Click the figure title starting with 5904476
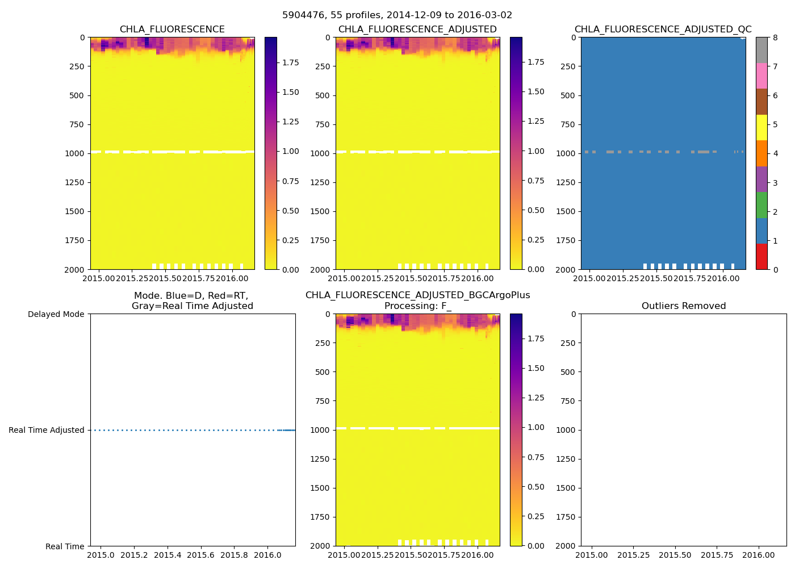397,15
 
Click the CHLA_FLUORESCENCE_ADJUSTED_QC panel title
663,29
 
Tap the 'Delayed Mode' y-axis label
56,314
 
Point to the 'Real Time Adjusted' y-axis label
46,430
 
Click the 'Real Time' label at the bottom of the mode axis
65,546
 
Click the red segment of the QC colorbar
761,256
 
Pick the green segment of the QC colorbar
761,204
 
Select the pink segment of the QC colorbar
761,76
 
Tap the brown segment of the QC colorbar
761,101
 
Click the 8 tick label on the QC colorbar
775,37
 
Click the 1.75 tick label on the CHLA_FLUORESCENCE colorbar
291,62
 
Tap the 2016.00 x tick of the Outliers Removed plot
759,555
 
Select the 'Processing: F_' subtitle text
417,306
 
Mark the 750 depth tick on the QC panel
568,124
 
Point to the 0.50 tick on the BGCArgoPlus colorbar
535,487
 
